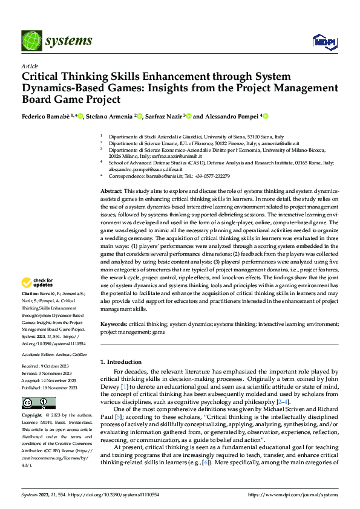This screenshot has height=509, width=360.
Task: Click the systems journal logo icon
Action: tap(31, 41)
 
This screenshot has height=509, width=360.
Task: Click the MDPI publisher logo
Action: tap(324, 41)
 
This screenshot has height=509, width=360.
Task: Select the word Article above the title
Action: tap(30, 66)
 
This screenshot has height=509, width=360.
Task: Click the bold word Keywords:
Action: tap(114, 324)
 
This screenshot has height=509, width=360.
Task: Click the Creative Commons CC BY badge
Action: tap(38, 403)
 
